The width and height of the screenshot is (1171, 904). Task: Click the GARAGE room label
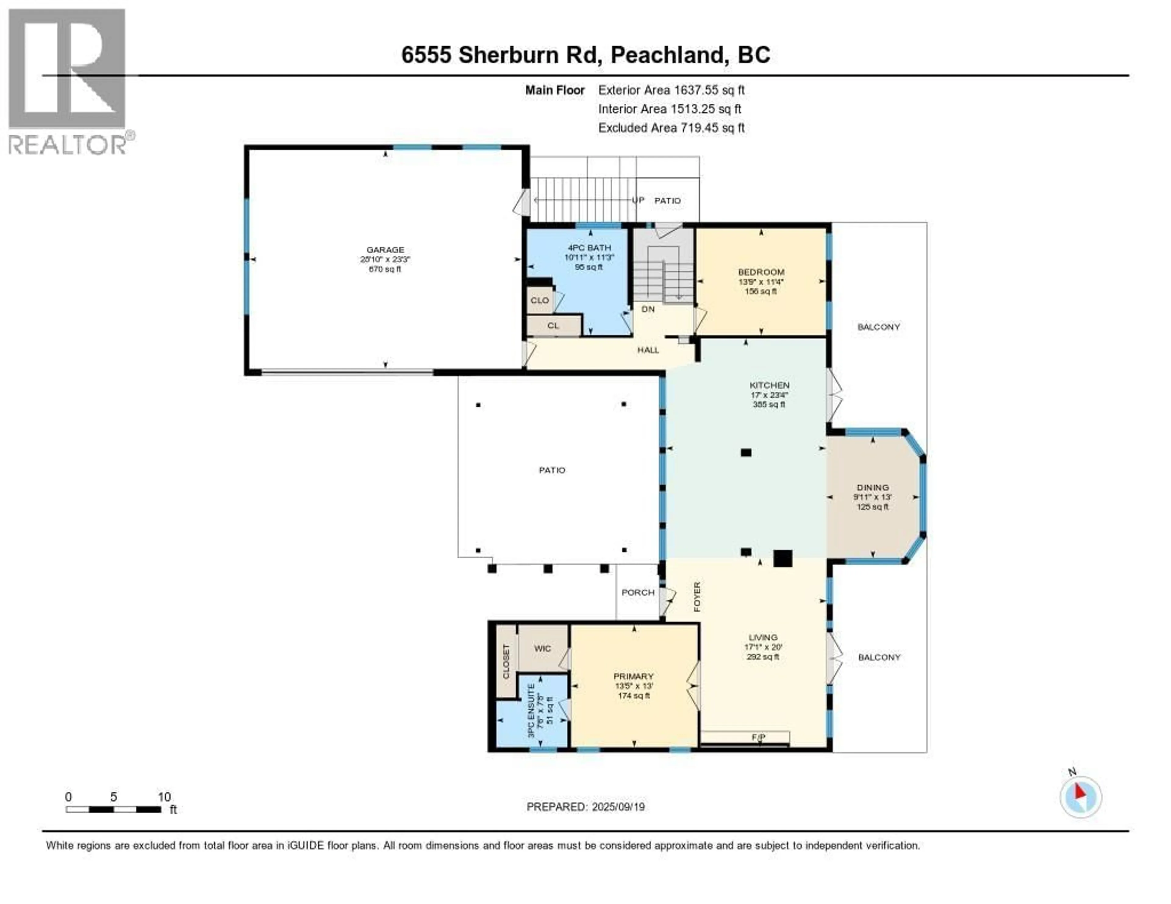pos(385,250)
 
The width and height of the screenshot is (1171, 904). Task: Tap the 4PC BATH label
pos(589,247)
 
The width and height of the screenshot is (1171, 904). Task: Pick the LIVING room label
pos(762,637)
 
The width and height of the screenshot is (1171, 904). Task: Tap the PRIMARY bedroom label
pos(633,676)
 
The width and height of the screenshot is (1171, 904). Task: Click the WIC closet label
pos(542,648)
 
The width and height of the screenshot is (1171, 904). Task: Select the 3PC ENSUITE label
pos(531,710)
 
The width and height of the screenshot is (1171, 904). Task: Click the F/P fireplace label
pos(758,737)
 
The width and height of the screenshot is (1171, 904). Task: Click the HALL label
pos(648,350)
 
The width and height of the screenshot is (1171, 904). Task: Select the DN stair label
pos(648,309)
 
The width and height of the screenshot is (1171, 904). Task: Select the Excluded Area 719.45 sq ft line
pos(671,127)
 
